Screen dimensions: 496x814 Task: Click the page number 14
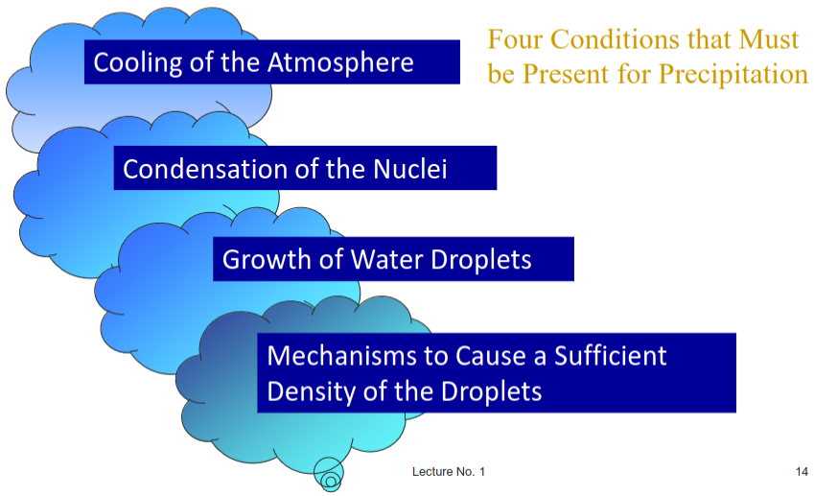click(x=802, y=472)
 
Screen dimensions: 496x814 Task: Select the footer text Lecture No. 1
click(x=449, y=472)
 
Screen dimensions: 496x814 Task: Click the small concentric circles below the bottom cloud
click(x=329, y=476)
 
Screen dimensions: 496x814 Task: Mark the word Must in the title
click(x=766, y=40)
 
